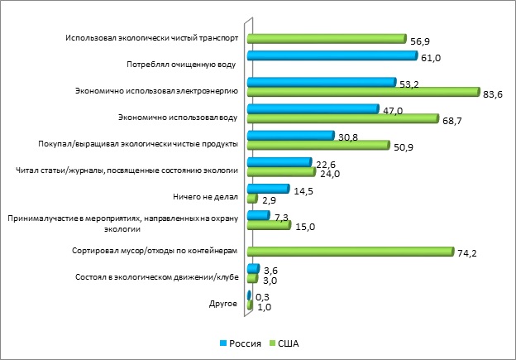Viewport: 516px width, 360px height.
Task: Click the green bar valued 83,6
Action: [364, 91]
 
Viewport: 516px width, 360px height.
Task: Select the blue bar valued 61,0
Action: [332, 55]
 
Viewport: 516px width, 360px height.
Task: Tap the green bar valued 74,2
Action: [351, 251]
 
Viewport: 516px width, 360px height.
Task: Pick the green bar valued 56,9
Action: [327, 39]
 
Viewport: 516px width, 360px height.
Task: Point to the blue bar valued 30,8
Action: [291, 136]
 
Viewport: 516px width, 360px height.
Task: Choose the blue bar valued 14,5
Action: [268, 189]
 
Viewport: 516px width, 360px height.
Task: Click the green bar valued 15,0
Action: [269, 225]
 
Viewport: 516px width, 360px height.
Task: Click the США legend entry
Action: [284, 342]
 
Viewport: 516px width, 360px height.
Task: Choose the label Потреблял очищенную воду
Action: [182, 64]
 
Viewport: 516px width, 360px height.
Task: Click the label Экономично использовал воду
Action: [179, 118]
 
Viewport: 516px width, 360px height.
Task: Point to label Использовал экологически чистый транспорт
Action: [153, 38]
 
